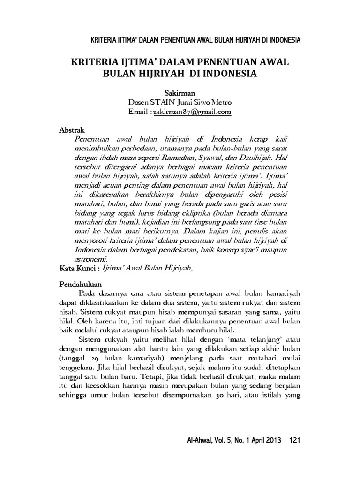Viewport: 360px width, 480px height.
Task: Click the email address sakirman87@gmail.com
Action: pyautogui.click(x=194, y=112)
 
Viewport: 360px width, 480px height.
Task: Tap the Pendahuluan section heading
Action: pyautogui.click(x=82, y=284)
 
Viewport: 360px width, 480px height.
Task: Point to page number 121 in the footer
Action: pyautogui.click(x=294, y=440)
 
